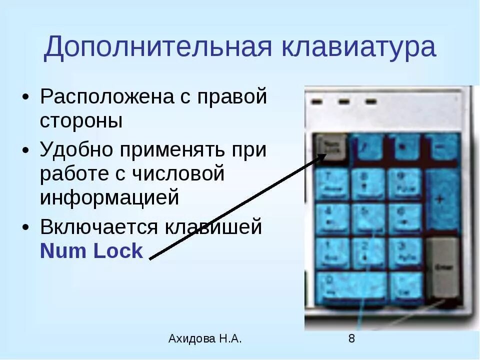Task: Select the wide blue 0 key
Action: (x=352, y=287)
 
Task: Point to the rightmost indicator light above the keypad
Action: (x=370, y=101)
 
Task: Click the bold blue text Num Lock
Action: (x=91, y=251)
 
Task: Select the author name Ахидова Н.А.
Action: (x=205, y=338)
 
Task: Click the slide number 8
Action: (x=351, y=338)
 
